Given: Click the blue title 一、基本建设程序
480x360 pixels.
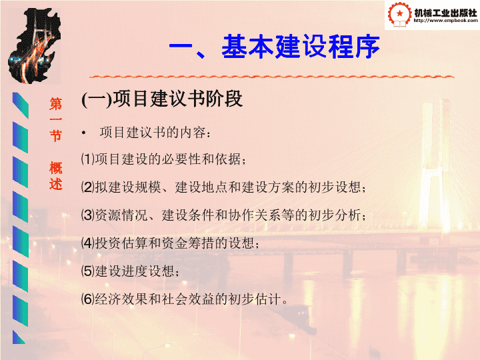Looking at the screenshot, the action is [x=274, y=47].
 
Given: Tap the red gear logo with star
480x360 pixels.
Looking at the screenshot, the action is [x=399, y=15].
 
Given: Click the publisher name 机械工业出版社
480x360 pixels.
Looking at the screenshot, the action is [x=445, y=13].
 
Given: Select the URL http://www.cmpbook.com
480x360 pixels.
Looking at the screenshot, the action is [x=445, y=21].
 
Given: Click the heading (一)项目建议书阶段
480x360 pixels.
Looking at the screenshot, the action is [x=162, y=99].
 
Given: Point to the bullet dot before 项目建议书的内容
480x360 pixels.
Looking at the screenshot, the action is [x=83, y=133].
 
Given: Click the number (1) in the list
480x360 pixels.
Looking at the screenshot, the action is [x=88, y=159].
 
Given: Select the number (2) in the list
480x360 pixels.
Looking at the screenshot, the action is [x=88, y=187].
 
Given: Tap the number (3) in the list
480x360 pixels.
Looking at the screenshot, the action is [x=88, y=215].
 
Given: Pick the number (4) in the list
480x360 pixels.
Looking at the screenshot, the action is [x=88, y=243].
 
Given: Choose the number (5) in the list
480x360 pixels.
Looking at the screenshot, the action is [x=88, y=271].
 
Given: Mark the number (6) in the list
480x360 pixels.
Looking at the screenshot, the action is [x=88, y=299].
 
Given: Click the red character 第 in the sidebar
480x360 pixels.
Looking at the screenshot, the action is [x=56, y=104].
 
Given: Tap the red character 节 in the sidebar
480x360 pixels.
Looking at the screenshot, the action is [x=56, y=135].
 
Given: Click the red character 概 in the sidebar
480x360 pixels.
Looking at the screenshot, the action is [x=56, y=168].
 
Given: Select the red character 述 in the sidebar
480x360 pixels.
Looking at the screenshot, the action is [x=56, y=184].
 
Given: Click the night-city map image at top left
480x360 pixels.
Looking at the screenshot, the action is [x=34, y=46].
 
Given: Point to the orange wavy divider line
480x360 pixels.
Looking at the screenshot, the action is [x=272, y=76].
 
